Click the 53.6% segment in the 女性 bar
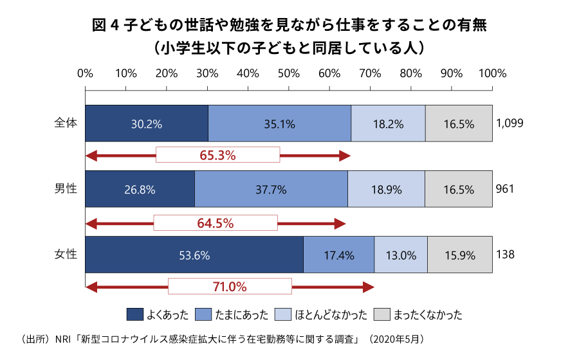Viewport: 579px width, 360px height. click(194, 255)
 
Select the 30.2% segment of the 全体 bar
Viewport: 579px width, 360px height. click(147, 123)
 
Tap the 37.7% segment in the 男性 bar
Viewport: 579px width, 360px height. click(271, 190)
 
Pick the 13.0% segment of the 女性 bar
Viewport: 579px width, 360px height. click(401, 255)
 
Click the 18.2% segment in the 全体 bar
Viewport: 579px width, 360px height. click(388, 123)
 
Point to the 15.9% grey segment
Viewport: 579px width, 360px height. click(459, 255)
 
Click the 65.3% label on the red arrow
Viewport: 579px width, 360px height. click(217, 155)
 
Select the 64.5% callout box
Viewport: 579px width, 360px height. click(216, 223)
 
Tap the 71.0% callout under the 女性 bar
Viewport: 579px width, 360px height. click(230, 286)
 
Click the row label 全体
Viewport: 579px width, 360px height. click(66, 123)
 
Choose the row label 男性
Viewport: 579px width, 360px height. click(66, 189)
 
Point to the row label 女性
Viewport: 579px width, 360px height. click(66, 255)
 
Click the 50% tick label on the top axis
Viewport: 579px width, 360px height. click(289, 73)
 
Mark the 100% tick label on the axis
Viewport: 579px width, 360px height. click(493, 73)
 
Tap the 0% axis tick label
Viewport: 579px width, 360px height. click(85, 73)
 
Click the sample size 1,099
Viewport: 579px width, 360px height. click(510, 123)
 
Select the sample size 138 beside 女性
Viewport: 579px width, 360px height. click(505, 255)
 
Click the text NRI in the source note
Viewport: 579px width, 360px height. click(65, 338)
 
